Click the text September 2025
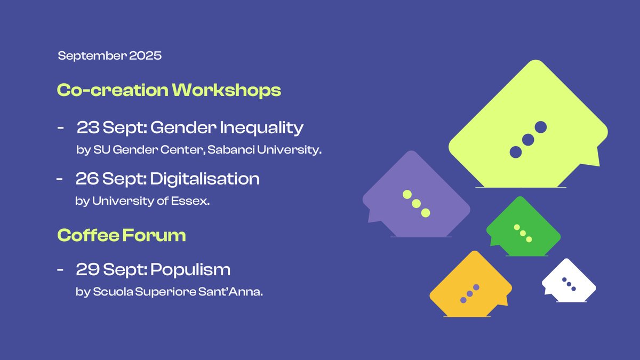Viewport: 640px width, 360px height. (x=109, y=55)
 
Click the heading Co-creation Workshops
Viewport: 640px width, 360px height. (x=169, y=90)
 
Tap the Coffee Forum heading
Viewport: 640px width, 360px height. (x=122, y=235)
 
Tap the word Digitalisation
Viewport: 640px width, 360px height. (x=205, y=179)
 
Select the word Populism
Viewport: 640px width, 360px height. (x=190, y=269)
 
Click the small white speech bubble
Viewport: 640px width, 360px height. (x=569, y=281)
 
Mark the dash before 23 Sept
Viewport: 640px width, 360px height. (x=60, y=129)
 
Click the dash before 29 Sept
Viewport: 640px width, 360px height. (x=60, y=270)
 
